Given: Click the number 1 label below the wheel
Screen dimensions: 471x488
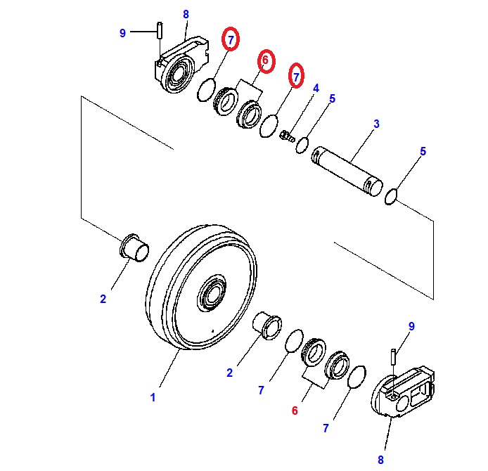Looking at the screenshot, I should (153, 397).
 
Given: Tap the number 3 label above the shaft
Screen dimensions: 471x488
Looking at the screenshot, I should (376, 124).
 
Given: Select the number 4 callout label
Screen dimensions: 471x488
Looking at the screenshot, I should (316, 89).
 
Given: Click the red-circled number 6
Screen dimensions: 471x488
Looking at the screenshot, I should (265, 61).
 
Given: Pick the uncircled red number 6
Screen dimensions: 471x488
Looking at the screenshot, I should (295, 411).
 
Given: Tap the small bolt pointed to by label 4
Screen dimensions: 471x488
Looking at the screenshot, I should (287, 135).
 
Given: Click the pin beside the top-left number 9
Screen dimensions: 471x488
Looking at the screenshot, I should (160, 32).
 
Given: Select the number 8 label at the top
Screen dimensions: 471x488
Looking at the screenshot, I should (186, 14).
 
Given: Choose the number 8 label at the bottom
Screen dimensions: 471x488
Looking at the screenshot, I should (381, 460).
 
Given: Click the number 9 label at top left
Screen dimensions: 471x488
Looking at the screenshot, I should (122, 33).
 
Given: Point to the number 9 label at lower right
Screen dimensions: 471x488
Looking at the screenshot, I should (412, 325).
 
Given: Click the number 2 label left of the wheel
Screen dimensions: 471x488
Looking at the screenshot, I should (103, 299).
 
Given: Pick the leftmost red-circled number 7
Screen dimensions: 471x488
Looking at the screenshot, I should (230, 40).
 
